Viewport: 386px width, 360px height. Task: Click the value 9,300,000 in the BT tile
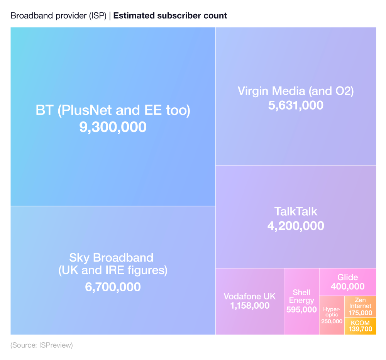[113, 127]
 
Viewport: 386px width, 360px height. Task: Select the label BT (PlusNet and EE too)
[113, 110]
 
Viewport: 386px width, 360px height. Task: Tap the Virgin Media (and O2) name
[296, 91]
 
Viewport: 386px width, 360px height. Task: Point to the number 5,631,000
[296, 105]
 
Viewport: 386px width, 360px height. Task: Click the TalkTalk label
[296, 211]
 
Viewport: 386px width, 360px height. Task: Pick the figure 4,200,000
[296, 226]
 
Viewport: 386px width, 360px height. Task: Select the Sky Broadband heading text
[111, 257]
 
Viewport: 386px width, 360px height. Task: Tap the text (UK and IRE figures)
[113, 270]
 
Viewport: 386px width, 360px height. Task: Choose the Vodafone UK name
[250, 296]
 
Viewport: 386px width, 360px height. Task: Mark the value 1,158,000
[250, 306]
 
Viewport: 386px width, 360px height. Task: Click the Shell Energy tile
[301, 301]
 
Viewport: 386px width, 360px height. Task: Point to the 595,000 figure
[301, 309]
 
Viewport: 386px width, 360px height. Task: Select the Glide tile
[347, 282]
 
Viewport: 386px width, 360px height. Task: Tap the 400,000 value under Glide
[347, 286]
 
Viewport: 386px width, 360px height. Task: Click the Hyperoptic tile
[332, 315]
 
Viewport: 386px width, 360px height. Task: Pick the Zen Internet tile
[360, 307]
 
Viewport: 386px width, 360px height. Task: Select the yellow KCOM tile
[360, 326]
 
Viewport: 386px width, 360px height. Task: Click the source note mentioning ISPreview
[42, 345]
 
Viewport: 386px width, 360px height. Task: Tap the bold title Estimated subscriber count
[170, 16]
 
